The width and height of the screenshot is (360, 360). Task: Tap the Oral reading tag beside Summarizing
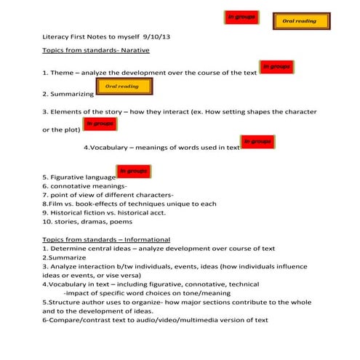pos(121,87)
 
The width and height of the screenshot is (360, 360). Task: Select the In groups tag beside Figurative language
pos(134,171)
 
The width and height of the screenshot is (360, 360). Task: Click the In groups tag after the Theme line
pos(276,67)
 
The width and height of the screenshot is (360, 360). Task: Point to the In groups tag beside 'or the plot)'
pos(100,124)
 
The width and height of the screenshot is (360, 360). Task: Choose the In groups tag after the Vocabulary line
pos(257,141)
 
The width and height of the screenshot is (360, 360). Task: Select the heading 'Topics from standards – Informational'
pos(106,239)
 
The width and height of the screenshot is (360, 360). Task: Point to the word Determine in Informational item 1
pos(68,248)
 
